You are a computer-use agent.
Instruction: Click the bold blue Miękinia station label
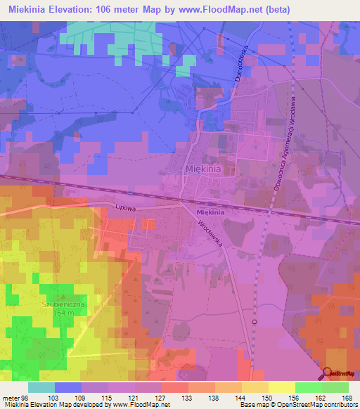pyautogui.click(x=210, y=212)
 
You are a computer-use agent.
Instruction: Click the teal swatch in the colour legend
pyautogui.click(x=41, y=388)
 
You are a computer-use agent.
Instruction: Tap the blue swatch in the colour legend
pyautogui.click(x=67, y=388)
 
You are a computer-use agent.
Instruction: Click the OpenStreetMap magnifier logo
pyautogui.click(x=328, y=373)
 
